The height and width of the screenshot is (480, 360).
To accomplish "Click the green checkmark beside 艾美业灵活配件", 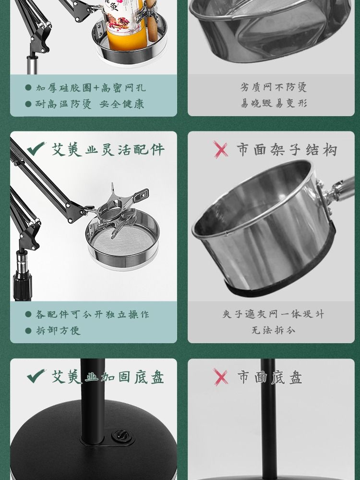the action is pos(36,149).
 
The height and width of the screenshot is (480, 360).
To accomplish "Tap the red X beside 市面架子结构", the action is pos(221,149).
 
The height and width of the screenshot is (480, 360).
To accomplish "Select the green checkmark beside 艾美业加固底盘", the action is pos(36,376).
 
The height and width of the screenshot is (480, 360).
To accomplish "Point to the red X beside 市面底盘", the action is pos(221,377).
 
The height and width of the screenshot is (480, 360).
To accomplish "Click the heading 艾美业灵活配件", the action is pos(108,149).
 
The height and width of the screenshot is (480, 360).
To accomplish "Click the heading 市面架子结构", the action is pos(287,150).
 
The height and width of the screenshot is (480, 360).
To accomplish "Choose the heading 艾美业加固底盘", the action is pos(108,377).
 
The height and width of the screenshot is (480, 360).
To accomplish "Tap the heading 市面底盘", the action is pos(270,377).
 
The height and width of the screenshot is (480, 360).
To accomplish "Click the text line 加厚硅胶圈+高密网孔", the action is pos(91,88).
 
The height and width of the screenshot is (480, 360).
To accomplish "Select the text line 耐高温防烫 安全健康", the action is pos(89,104).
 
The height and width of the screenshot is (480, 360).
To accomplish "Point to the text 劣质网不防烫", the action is pos(273,87).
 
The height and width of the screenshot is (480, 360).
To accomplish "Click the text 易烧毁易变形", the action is pos(274,103).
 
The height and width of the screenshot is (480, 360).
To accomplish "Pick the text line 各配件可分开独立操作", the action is pos(93,314).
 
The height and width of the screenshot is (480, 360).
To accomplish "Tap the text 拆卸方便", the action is pos(58,331).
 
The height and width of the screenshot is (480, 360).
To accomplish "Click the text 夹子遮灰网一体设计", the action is pos(273,314).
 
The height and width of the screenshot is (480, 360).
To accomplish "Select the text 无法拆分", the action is pos(273,330).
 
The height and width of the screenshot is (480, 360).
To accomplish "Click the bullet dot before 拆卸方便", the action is pos(28,331).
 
